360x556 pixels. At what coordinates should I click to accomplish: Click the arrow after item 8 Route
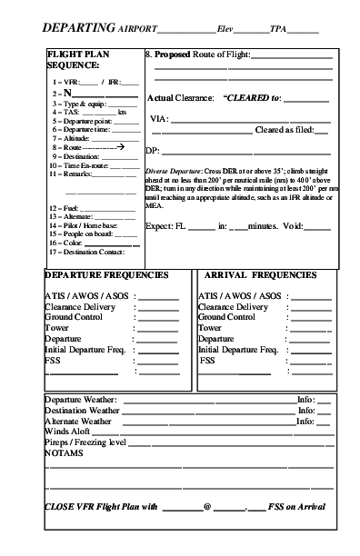click(108, 146)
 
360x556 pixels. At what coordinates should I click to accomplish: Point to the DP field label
click(152, 150)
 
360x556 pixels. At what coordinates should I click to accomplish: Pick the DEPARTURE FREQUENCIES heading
click(106, 274)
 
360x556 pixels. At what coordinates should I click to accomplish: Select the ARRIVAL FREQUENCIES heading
click(260, 274)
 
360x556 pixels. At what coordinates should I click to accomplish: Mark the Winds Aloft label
click(70, 432)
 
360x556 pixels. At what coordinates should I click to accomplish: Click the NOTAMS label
click(63, 452)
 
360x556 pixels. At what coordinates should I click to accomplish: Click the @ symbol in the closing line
click(207, 508)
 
